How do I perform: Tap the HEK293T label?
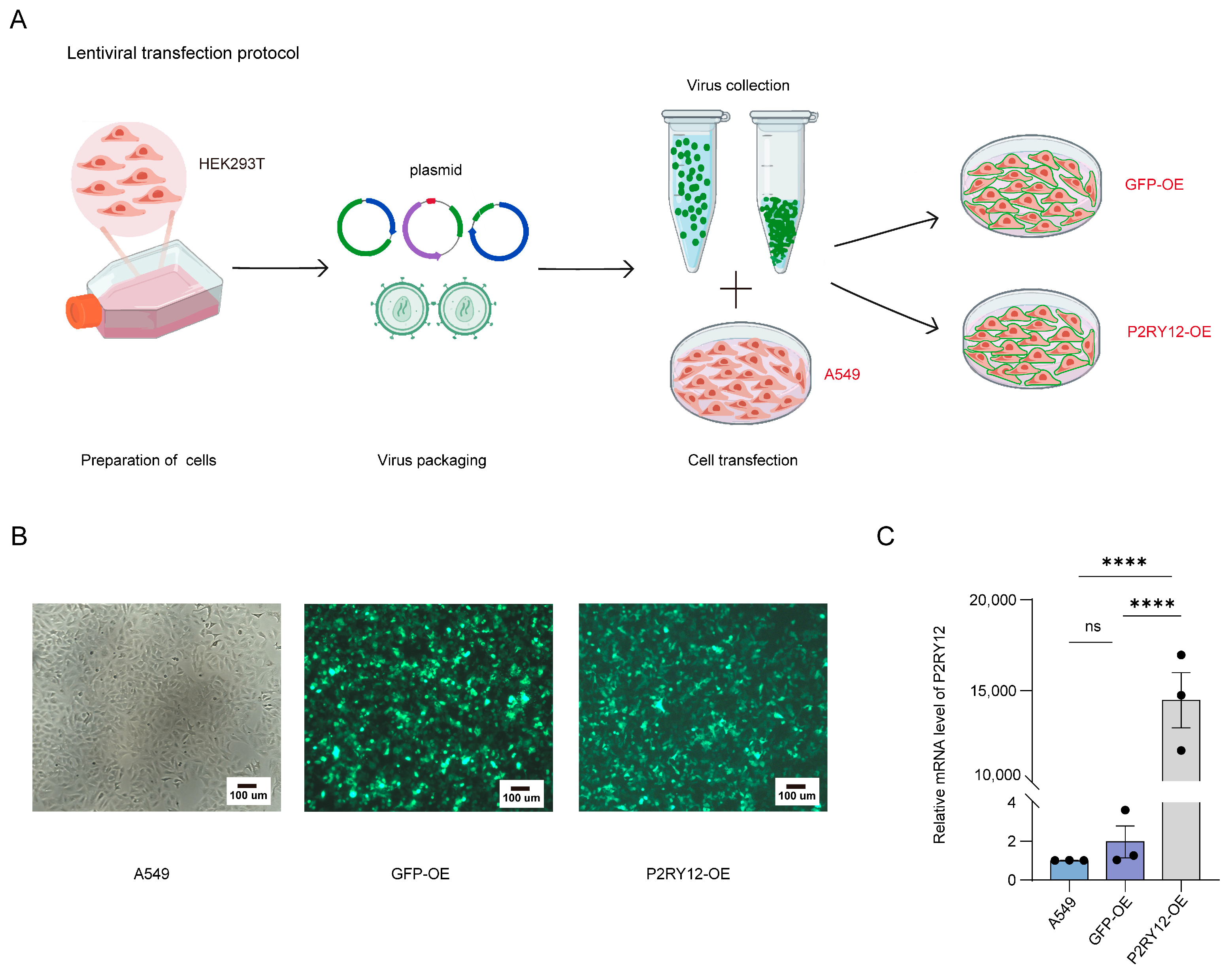pos(231,164)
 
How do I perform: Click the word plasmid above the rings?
pos(435,170)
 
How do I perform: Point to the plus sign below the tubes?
pos(735,289)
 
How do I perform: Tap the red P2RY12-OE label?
pos(1168,332)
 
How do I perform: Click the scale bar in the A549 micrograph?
pos(247,786)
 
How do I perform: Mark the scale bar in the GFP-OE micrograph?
pos(520,788)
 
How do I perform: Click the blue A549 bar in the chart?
pos(1068,870)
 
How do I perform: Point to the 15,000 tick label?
pos(993,691)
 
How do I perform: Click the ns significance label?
pos(1092,627)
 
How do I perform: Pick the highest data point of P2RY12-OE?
pos(1181,655)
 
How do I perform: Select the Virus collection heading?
pos(738,85)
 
